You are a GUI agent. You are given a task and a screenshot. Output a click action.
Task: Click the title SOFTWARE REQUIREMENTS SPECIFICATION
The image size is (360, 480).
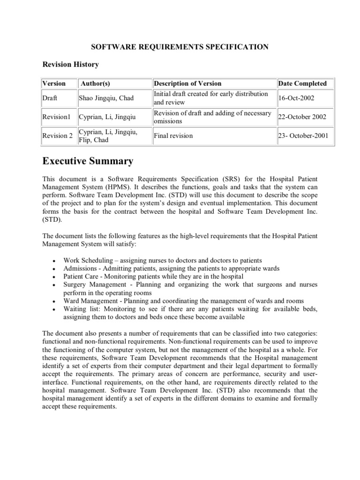tap(180, 47)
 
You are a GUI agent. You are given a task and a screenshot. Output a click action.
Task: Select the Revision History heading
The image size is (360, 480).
tap(71, 64)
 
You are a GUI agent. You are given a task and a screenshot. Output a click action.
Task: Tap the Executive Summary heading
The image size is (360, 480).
tap(88, 161)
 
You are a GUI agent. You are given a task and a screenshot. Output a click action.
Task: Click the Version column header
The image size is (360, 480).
tap(54, 83)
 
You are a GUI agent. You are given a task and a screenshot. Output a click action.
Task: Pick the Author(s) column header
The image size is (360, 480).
tap(95, 83)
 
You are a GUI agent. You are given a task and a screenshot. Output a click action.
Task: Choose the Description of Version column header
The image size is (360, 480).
tap(187, 83)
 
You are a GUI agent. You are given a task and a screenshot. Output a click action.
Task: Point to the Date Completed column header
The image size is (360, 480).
tap(302, 83)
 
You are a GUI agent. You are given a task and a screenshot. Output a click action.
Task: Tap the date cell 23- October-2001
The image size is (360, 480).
tap(303, 136)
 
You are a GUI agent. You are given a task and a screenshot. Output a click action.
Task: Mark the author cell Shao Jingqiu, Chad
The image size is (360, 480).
tap(106, 98)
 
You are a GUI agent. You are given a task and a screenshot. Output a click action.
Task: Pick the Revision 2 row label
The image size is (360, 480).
tap(58, 136)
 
